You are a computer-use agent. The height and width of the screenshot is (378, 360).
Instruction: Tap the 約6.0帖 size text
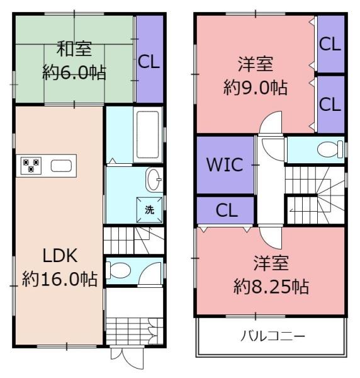(74, 72)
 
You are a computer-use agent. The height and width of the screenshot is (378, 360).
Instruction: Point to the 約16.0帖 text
(60, 278)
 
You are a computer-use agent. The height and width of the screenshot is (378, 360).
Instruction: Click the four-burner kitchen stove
(31, 166)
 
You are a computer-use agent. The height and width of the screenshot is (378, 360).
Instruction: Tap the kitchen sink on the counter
(61, 166)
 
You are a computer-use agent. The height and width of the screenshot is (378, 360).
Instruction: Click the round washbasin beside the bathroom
(154, 180)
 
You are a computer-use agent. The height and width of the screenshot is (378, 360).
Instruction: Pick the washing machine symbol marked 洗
(150, 210)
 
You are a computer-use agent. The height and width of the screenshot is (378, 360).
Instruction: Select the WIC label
(225, 166)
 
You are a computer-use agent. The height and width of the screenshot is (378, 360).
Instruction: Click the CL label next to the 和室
(149, 62)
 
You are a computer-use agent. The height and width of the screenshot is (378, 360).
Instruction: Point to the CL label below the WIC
(226, 210)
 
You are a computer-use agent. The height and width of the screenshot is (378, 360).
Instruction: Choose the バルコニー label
(273, 336)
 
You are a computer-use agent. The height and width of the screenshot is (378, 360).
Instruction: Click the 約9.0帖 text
(255, 87)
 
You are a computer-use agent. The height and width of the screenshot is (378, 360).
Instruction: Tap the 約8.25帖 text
(271, 287)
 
